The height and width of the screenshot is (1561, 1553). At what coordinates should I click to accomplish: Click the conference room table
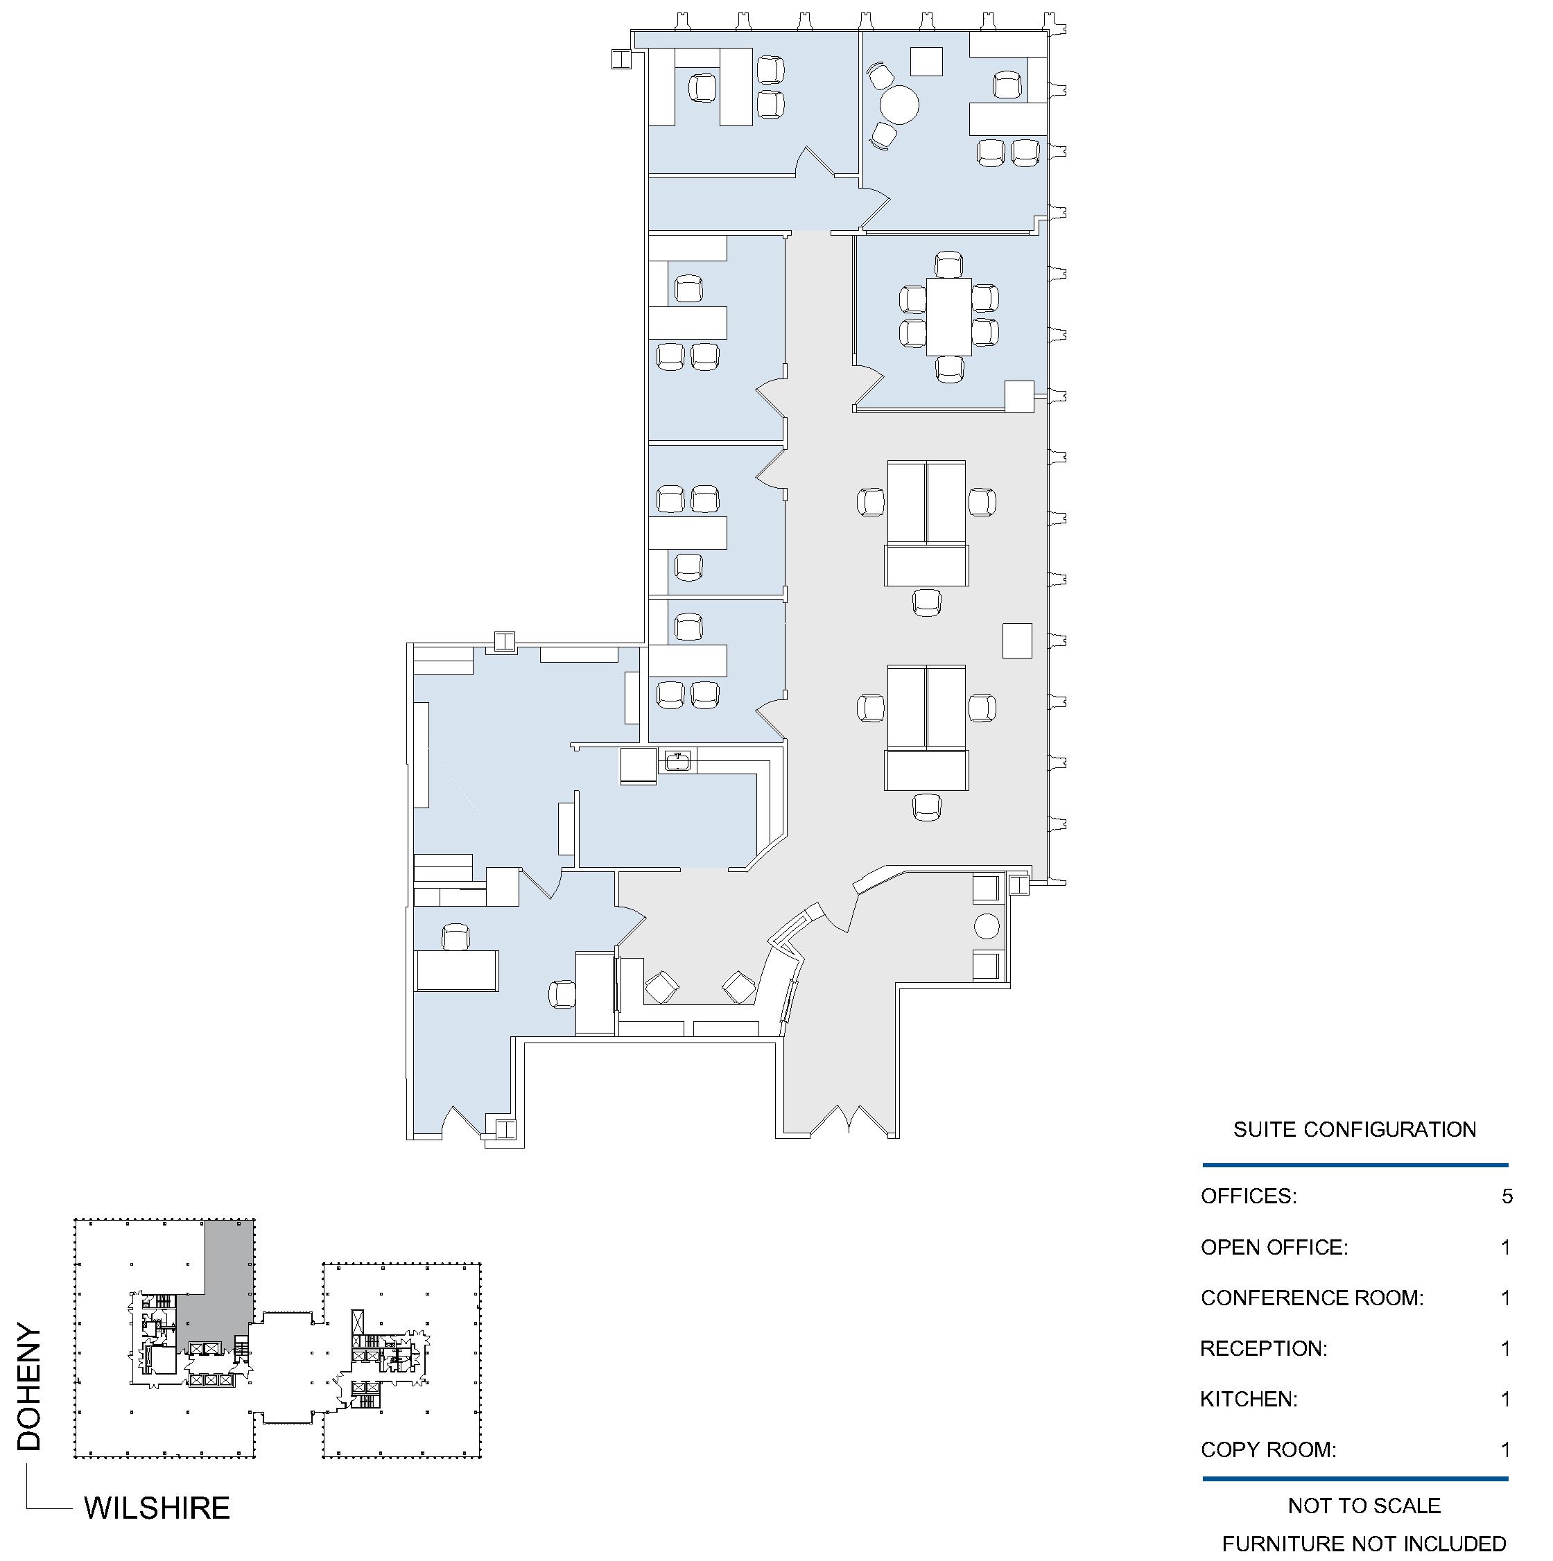tap(948, 316)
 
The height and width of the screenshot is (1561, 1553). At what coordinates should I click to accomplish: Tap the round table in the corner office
tap(899, 104)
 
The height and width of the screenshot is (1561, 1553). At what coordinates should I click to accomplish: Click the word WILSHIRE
tap(157, 1508)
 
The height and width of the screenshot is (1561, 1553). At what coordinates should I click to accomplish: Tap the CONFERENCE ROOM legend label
tap(1312, 1298)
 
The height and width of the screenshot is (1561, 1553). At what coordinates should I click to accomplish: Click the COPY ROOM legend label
tap(1269, 1449)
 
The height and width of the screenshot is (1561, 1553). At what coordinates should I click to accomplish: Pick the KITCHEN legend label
tap(1249, 1399)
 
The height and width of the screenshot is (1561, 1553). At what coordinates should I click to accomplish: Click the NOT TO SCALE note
tap(1364, 1506)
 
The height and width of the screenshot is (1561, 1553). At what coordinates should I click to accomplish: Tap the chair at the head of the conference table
tap(948, 264)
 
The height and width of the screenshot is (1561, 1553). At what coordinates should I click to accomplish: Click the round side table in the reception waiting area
tap(987, 926)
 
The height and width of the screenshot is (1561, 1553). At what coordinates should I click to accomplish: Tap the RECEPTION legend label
tap(1264, 1348)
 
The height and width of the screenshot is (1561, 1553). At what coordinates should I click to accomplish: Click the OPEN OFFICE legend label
tap(1274, 1247)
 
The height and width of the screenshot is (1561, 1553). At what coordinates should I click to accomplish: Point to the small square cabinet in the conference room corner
tap(1020, 396)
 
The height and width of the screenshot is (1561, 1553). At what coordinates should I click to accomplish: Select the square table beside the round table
tap(927, 62)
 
